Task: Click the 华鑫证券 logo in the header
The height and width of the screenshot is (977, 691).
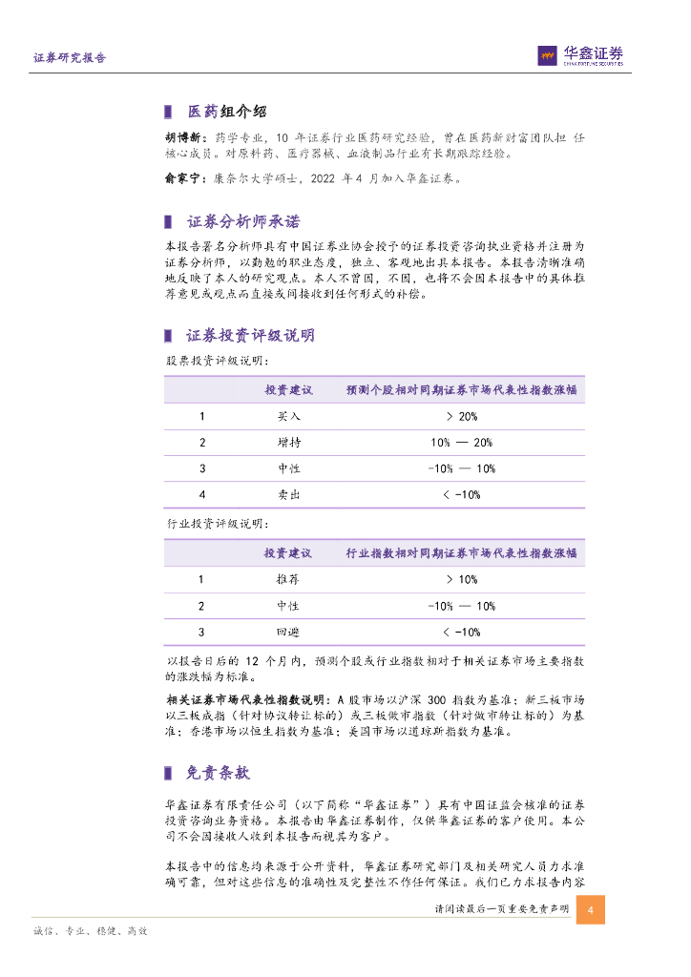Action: (x=579, y=55)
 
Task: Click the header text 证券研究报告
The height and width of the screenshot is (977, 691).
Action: (x=70, y=57)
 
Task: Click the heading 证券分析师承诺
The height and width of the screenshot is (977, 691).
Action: (x=243, y=222)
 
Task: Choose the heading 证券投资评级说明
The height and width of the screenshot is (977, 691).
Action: (x=251, y=335)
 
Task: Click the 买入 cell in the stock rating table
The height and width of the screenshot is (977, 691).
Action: (x=288, y=417)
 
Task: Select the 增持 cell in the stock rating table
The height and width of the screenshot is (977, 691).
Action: (x=288, y=443)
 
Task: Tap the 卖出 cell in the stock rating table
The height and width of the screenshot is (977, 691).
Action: (x=288, y=494)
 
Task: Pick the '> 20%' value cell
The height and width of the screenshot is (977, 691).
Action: (x=461, y=417)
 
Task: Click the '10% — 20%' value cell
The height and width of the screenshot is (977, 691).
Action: (x=461, y=443)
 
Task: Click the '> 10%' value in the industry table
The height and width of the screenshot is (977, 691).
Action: (x=461, y=580)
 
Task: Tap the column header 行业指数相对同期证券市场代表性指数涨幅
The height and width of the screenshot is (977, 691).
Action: (x=461, y=553)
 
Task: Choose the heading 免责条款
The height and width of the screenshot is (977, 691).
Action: (x=219, y=773)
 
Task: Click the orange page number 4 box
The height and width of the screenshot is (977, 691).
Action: (x=591, y=909)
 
